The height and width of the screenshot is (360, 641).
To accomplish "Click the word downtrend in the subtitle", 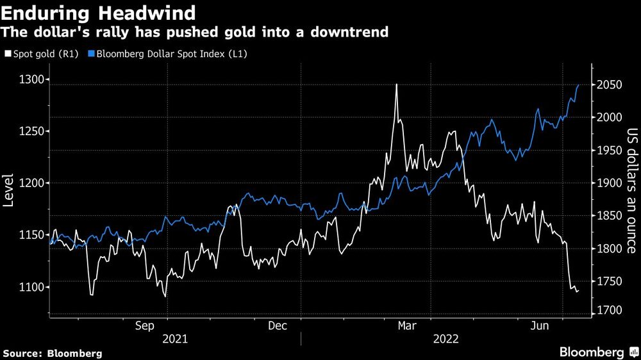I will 352,31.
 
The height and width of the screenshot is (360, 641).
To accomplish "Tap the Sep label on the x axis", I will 145,326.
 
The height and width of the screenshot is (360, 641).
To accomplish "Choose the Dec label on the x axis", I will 277,326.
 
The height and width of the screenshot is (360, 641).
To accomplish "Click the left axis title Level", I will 9,190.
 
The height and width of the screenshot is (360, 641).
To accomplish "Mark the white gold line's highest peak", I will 397,85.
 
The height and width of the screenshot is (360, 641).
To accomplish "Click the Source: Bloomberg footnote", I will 53,353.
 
